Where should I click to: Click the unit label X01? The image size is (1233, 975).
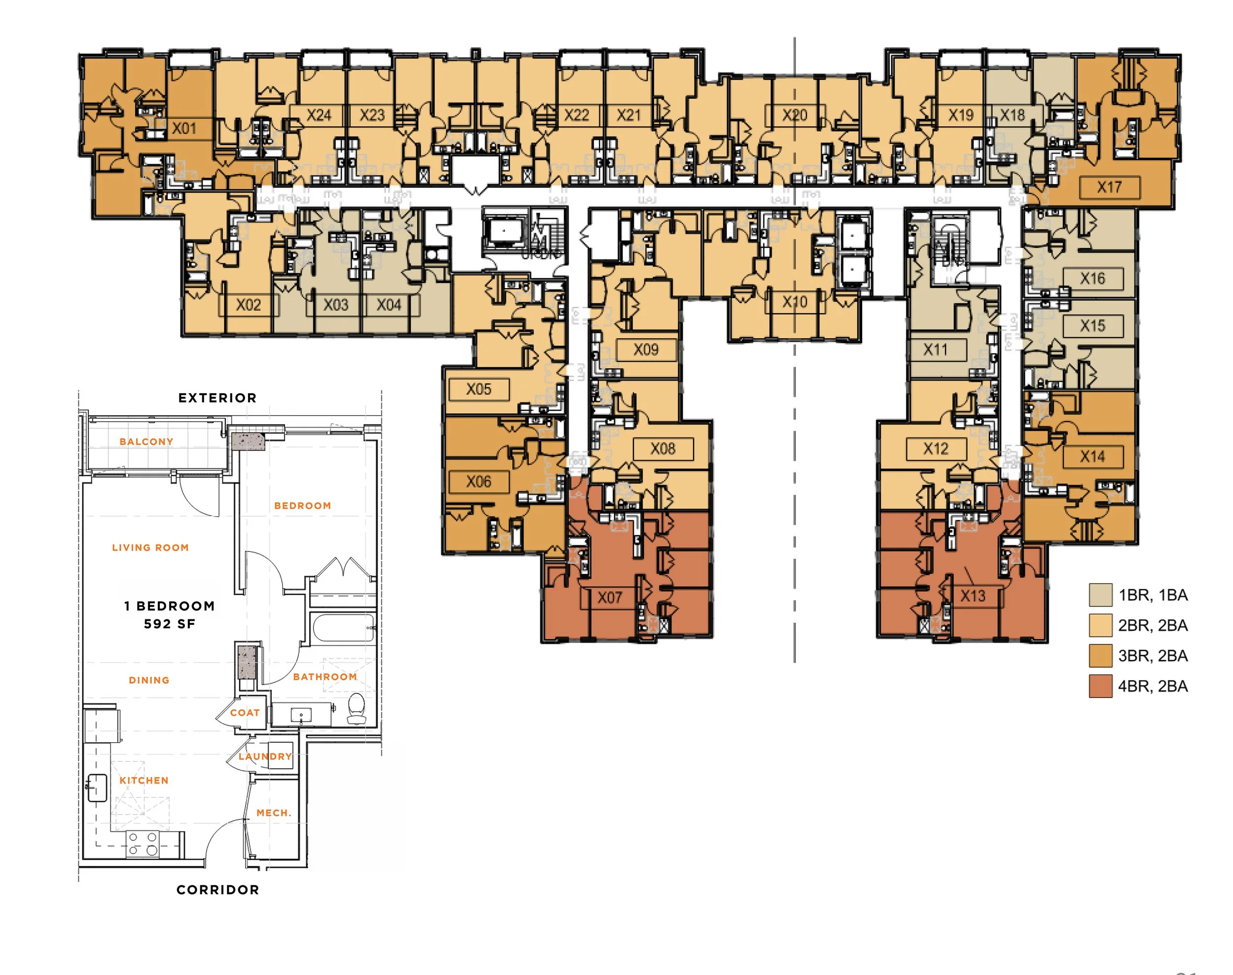coord(184,128)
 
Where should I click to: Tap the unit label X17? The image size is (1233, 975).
coord(1109,187)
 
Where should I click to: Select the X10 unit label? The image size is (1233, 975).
coord(794,302)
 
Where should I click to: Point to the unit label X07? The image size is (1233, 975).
coord(609,598)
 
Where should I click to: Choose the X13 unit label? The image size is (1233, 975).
coord(973,596)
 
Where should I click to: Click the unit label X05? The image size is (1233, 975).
coord(478,389)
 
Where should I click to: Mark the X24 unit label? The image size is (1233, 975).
coord(319,115)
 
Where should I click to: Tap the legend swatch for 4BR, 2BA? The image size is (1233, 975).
coord(1100,686)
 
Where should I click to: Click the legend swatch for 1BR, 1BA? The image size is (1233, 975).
coord(1100,595)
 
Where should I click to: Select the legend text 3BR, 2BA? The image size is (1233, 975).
coord(1153,656)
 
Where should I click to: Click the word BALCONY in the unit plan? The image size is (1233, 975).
coord(146,441)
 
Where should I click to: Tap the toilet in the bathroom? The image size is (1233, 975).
coord(356,708)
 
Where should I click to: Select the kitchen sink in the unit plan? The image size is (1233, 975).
coord(97,788)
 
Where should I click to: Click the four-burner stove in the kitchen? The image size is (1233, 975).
coord(143,844)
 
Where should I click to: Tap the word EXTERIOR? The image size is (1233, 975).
coord(218,398)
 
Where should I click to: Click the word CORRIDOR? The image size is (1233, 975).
coord(218,889)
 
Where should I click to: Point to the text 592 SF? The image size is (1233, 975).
coord(170,624)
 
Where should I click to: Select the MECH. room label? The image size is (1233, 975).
coord(273,813)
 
